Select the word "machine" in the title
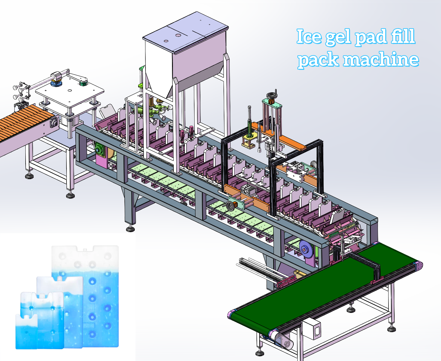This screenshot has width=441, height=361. coord(381,59)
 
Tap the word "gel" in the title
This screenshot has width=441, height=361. coord(338,37)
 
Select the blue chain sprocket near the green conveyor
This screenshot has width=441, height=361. coord(306,249)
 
